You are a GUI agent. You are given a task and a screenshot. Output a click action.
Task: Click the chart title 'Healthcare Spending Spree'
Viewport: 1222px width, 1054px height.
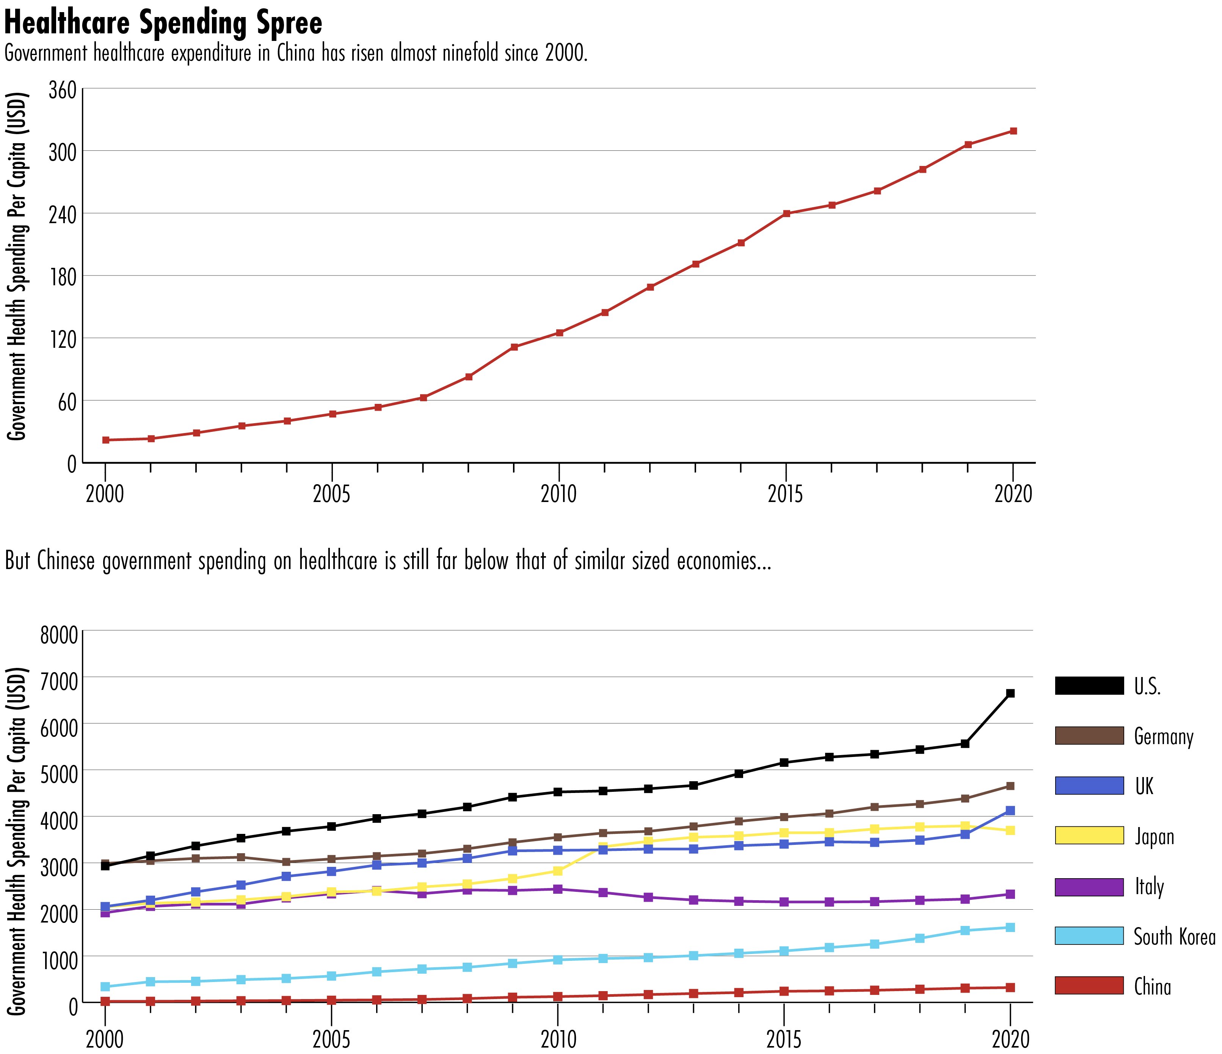pyautogui.click(x=163, y=23)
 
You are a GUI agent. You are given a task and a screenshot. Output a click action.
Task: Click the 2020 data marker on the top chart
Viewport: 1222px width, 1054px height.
pyautogui.click(x=1013, y=131)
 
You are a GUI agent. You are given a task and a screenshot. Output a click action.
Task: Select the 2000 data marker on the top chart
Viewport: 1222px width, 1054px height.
pyautogui.click(x=105, y=440)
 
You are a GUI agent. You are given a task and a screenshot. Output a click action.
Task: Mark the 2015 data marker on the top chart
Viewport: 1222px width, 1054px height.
pyautogui.click(x=786, y=213)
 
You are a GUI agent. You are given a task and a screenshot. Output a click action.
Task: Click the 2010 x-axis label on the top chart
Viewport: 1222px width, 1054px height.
pyautogui.click(x=558, y=493)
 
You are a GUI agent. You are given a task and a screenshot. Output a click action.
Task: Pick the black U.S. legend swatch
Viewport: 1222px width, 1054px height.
pyautogui.click(x=1089, y=686)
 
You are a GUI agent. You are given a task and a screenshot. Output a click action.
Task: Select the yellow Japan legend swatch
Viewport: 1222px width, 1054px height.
pyautogui.click(x=1089, y=836)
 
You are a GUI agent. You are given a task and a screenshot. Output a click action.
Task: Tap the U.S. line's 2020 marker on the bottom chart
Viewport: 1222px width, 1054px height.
pyautogui.click(x=1010, y=693)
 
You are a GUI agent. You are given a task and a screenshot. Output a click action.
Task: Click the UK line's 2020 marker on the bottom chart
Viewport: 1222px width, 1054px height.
pyautogui.click(x=1010, y=810)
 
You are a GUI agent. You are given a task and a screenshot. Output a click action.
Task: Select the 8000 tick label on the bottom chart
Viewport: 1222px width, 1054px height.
pyautogui.click(x=59, y=636)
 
